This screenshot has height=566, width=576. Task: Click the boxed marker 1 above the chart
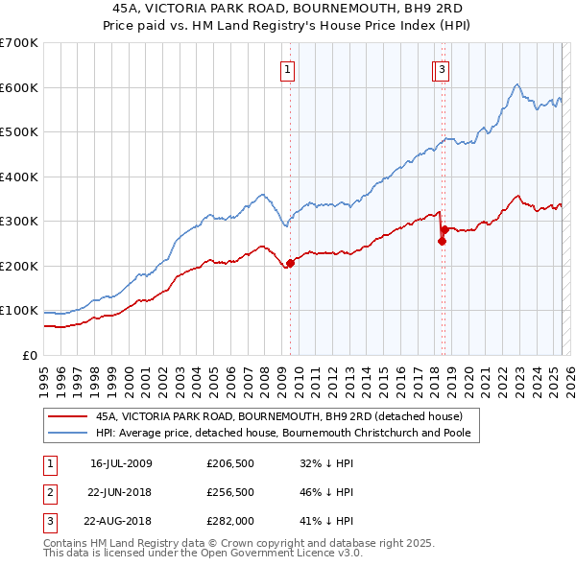pyautogui.click(x=288, y=68)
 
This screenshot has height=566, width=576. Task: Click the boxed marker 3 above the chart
pyautogui.click(x=442, y=68)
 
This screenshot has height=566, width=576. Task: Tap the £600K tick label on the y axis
pyautogui.click(x=19, y=87)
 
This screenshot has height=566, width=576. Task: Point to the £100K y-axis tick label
pyautogui.click(x=19, y=311)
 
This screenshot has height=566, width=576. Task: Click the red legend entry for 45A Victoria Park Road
pyautogui.click(x=279, y=416)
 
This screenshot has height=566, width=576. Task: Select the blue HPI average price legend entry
pyautogui.click(x=288, y=434)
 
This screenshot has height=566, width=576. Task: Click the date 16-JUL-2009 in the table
pyautogui.click(x=121, y=463)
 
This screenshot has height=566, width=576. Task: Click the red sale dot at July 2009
pyautogui.click(x=290, y=263)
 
